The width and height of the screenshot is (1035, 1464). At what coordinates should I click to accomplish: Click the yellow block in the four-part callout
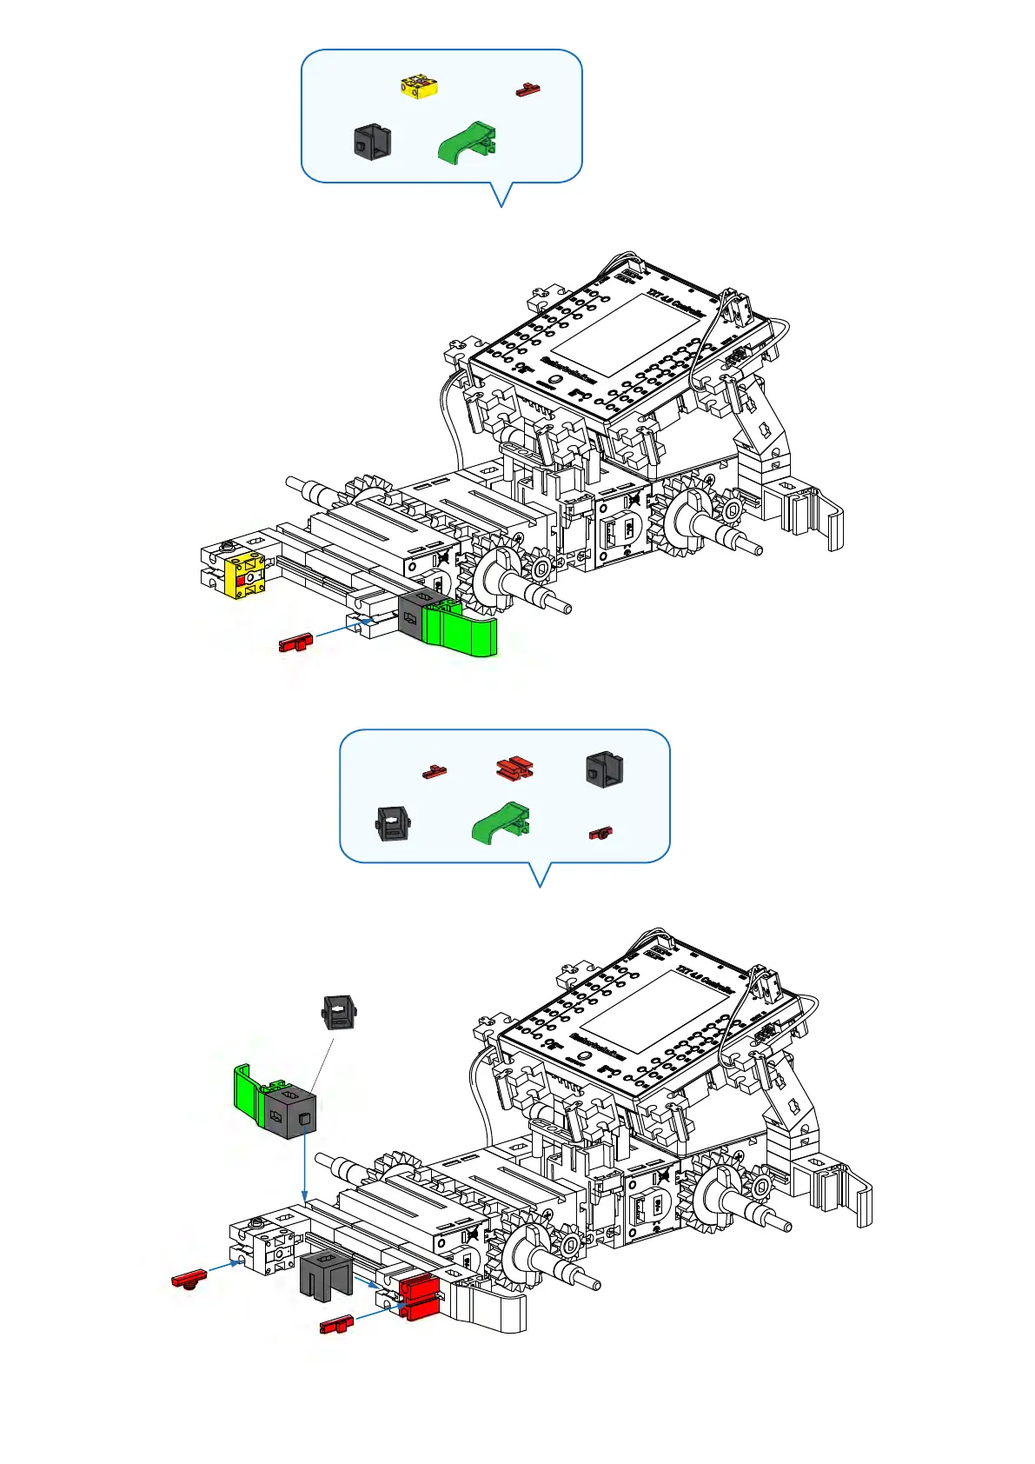coord(419,87)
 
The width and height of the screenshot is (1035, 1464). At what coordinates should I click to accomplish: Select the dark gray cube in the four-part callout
coord(372,141)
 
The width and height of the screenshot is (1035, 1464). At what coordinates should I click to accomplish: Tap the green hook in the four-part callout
coord(468,143)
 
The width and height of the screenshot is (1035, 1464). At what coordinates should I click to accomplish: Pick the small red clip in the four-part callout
coord(527,90)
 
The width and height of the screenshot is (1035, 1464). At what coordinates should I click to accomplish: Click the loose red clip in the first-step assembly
coord(295,643)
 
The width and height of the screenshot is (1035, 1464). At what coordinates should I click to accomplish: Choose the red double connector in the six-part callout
coord(514,769)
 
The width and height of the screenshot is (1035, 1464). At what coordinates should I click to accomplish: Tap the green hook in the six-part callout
coord(501,822)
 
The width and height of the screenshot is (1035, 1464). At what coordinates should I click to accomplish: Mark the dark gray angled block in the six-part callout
coord(394,824)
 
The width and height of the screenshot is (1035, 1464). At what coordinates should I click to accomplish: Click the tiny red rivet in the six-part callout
coord(600,833)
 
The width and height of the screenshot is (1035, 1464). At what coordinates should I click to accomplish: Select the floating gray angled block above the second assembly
coord(340,1012)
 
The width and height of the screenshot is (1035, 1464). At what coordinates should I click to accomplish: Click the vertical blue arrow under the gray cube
coord(304,1165)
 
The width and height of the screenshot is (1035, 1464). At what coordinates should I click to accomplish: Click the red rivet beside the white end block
coord(189,1279)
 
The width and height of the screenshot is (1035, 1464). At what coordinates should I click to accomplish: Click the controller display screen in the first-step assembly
coord(624,335)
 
